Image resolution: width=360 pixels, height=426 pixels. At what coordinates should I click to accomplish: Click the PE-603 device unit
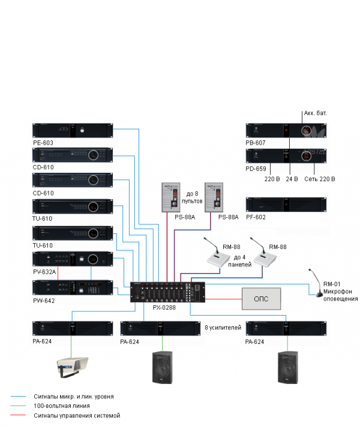point(73,131)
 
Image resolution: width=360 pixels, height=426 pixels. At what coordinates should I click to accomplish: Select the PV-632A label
point(45,272)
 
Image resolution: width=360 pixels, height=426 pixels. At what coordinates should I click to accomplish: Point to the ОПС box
point(262,298)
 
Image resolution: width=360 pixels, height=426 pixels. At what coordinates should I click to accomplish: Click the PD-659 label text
point(256,169)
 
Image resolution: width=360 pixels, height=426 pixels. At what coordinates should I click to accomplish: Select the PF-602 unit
point(285,205)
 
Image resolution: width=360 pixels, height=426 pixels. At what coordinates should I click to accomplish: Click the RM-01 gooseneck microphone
point(314,282)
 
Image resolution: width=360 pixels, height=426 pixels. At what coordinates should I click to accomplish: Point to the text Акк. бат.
point(316,113)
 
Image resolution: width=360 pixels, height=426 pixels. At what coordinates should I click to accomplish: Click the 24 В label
point(291,179)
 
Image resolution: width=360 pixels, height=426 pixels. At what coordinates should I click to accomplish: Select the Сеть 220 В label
point(319,179)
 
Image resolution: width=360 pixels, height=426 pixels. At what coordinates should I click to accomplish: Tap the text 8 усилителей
point(223,328)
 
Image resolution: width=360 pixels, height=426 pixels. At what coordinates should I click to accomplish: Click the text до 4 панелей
point(239,261)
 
